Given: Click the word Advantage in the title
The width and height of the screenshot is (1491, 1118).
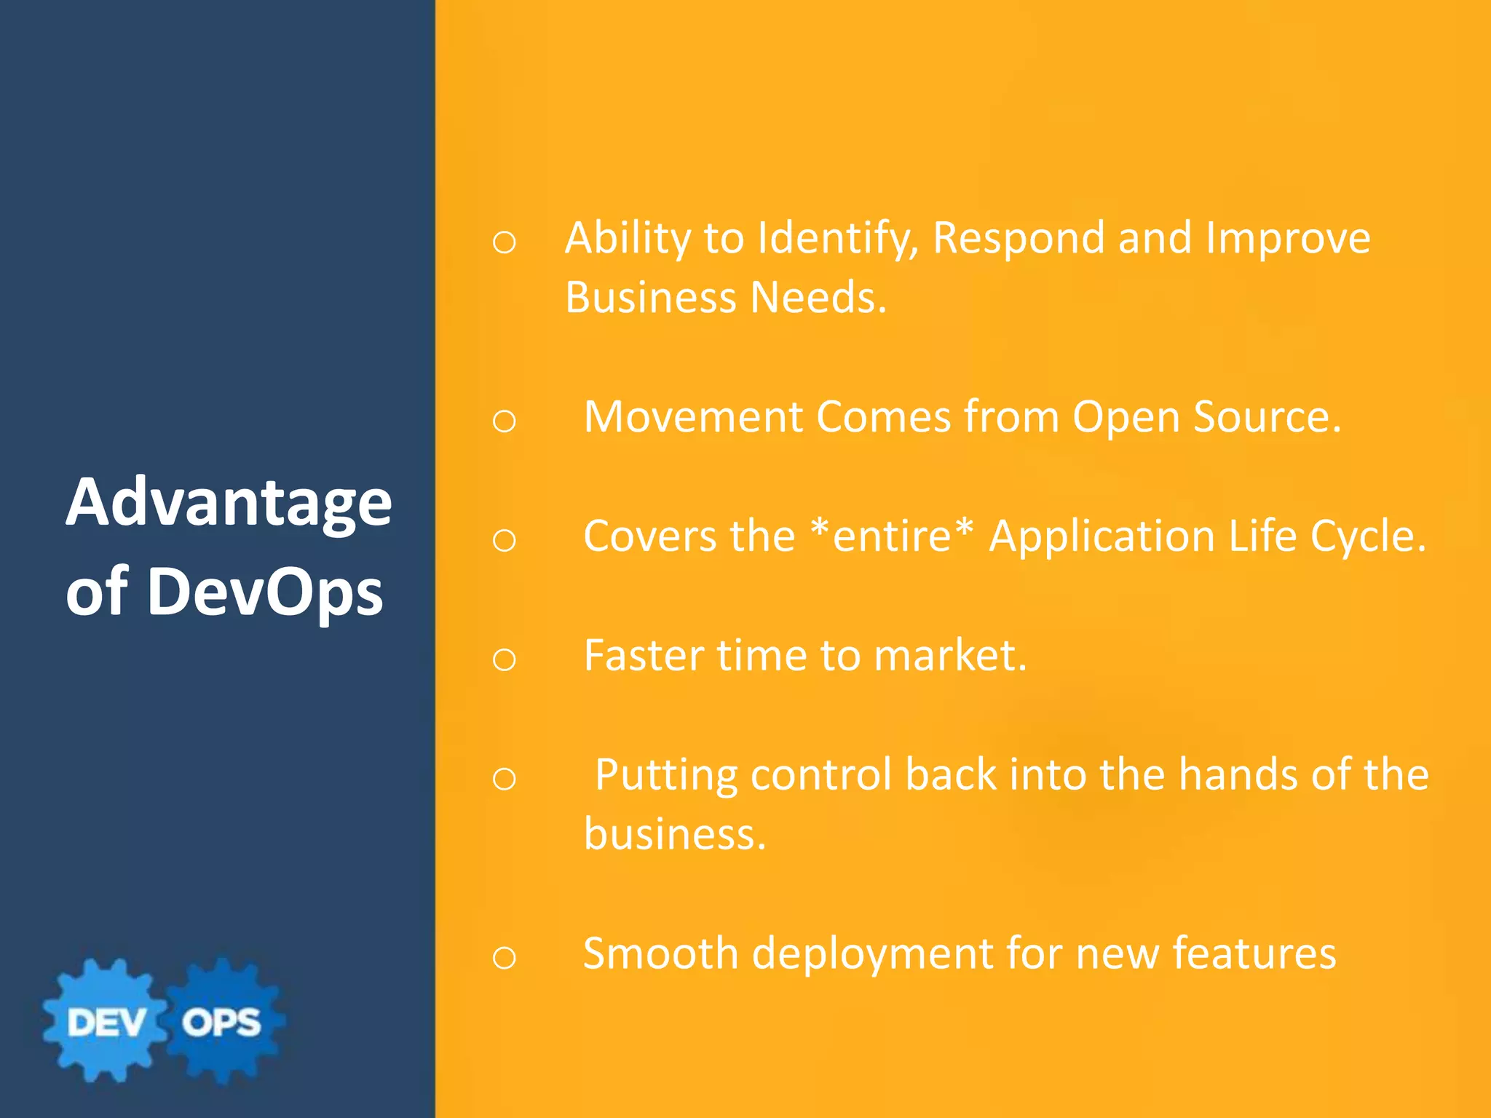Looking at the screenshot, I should tap(229, 504).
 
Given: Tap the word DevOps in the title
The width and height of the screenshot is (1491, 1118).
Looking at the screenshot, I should tap(265, 591).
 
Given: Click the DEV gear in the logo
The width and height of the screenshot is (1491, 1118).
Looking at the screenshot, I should tap(106, 1021).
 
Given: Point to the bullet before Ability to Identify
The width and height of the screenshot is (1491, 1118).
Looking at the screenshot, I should tap(504, 242).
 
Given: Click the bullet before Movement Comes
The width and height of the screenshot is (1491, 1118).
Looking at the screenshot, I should tap(504, 421).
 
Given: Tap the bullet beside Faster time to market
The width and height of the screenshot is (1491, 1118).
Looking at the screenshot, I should tap(504, 659).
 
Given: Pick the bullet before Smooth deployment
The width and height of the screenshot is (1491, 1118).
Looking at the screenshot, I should tap(504, 958).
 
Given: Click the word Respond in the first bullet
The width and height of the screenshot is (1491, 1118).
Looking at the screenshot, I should tap(1019, 239).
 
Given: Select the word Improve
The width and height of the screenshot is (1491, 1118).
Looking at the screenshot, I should tap(1288, 239).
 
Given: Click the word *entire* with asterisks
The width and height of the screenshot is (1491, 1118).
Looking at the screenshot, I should tap(892, 536).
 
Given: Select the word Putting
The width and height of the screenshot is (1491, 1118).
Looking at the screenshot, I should tap(666, 776).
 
